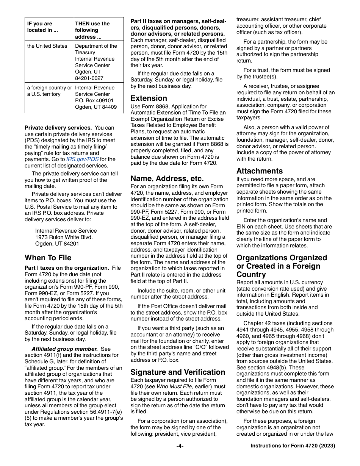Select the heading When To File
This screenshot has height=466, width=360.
tap(48, 258)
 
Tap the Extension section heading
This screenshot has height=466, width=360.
tap(149, 98)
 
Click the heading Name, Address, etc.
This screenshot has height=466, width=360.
tap(167, 178)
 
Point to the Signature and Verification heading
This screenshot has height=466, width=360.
tap(178, 372)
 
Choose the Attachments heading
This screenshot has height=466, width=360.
tap(259, 171)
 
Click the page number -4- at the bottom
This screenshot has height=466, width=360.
tap(180, 446)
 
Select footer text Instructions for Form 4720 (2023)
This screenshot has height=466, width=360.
tap(293, 446)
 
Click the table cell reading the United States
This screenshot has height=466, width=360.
tap(47, 46)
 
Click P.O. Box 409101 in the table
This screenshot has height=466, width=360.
tap(94, 101)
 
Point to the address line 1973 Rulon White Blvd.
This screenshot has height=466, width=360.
tap(64, 237)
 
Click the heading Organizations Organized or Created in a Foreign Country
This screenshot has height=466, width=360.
tap(281, 266)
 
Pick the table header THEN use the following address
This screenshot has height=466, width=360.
tap(92, 30)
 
